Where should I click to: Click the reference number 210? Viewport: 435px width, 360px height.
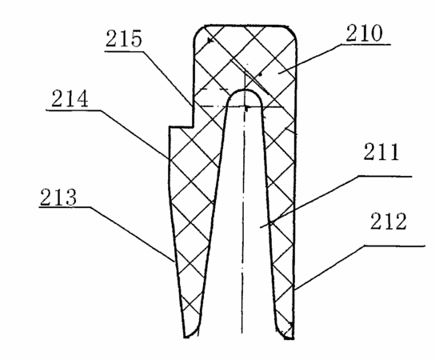365,34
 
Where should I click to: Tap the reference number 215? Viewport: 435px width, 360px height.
124,38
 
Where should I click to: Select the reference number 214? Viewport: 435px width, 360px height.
70,98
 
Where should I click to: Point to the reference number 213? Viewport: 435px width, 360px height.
58,197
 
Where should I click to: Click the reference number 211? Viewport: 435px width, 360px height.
381,151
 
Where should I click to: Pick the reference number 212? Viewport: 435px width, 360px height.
389,221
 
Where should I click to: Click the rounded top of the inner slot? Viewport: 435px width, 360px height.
245,90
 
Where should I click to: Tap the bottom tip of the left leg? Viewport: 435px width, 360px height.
186,337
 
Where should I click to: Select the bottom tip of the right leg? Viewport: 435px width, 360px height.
290,338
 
